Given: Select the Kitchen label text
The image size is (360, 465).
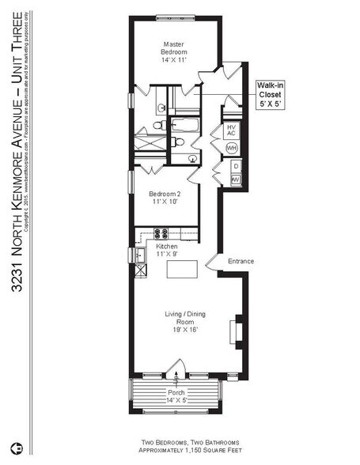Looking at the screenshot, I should coord(165,251).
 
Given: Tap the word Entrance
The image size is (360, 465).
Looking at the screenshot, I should coord(241,261).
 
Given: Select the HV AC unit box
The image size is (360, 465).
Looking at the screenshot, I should coord(232,130).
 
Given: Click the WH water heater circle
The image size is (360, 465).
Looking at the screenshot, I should coord(232,148).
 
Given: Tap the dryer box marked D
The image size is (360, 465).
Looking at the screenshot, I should coord(235,167).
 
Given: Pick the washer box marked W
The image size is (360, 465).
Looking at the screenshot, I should coord(235,180).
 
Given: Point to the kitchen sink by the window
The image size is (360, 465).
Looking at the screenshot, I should coord(139,255).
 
